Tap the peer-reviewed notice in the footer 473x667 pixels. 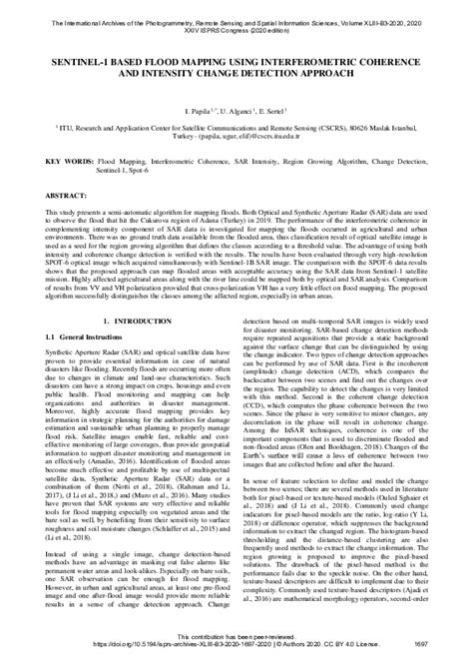click(x=236, y=644)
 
